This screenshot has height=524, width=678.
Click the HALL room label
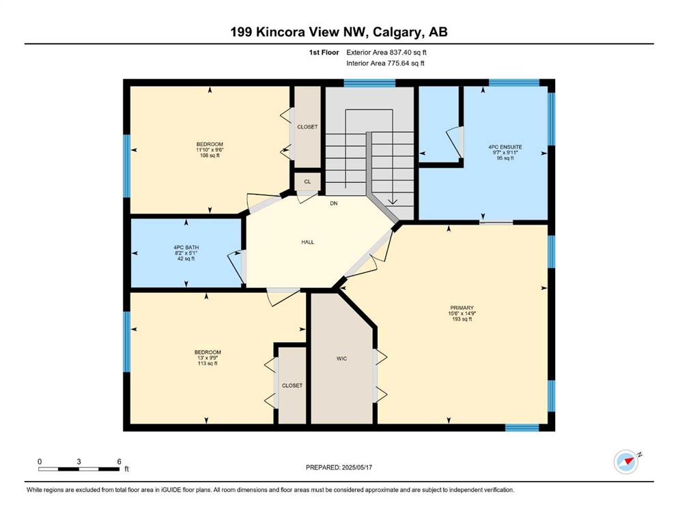tap(307, 242)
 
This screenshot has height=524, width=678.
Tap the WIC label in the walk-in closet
tap(341, 359)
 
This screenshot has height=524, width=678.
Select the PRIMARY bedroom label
tap(462, 308)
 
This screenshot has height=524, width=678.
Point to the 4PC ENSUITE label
tap(505, 147)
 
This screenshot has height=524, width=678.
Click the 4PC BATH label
tap(186, 248)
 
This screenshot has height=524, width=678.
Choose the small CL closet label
tap(307, 182)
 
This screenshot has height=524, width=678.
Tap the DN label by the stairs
tap(334, 203)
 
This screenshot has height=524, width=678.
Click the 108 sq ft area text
tap(210, 156)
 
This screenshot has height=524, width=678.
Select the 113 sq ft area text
tap(208, 363)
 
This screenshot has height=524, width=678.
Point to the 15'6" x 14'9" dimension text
tap(462, 314)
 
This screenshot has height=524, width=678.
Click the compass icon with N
tap(627, 461)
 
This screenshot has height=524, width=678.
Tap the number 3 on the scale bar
tap(79, 461)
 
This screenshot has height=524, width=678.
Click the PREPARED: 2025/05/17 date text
tap(339, 467)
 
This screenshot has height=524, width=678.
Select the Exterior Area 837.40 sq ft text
tap(386, 53)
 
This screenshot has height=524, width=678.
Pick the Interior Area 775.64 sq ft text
tap(385, 63)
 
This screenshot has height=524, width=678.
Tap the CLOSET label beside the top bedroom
tap(307, 127)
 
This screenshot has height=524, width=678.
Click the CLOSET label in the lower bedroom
tap(292, 385)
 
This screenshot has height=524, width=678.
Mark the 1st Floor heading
tap(324, 53)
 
